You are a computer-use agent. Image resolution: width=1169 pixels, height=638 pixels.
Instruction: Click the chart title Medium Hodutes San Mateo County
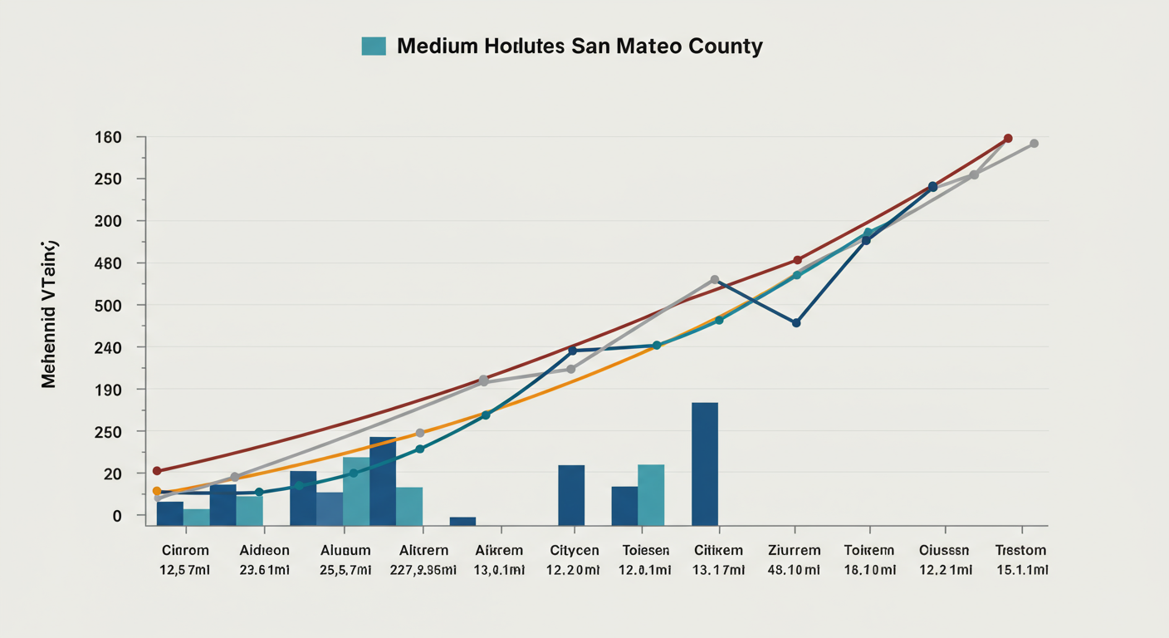(x=579, y=46)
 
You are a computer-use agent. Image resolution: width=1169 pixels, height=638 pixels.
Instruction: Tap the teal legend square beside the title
(x=374, y=46)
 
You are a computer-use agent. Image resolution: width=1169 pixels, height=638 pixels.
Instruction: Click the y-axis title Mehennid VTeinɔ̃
(x=49, y=314)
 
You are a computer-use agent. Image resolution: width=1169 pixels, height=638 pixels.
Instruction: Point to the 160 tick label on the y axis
(x=108, y=137)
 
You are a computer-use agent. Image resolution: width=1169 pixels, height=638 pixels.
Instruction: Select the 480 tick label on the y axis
(x=108, y=263)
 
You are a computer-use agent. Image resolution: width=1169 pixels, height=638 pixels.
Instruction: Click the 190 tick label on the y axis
(x=108, y=390)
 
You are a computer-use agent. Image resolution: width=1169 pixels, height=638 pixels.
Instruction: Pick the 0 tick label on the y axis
(x=117, y=516)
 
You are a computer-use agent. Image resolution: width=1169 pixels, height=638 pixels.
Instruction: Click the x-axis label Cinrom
(x=185, y=550)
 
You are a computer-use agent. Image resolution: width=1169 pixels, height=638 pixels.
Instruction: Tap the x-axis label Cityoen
(x=574, y=550)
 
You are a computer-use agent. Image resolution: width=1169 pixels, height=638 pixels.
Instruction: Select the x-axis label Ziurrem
(x=794, y=550)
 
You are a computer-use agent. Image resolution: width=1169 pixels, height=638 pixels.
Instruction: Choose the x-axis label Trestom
(x=1020, y=550)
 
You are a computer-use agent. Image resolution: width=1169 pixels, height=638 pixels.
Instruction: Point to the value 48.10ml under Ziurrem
(x=794, y=570)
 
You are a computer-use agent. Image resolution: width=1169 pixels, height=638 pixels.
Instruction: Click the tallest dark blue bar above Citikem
(x=704, y=464)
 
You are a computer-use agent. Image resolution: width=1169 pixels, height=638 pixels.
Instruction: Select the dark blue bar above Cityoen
(x=571, y=495)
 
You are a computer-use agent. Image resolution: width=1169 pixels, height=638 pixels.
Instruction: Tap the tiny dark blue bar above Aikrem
(x=462, y=521)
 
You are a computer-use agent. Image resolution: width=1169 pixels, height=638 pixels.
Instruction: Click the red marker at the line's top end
(x=1008, y=138)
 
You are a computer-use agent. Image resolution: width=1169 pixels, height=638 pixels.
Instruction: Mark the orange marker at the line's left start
(x=157, y=491)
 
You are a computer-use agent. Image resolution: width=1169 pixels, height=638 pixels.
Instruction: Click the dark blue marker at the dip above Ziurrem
(x=796, y=322)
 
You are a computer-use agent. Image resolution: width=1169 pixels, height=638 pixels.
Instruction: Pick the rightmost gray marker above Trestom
(x=1034, y=144)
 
